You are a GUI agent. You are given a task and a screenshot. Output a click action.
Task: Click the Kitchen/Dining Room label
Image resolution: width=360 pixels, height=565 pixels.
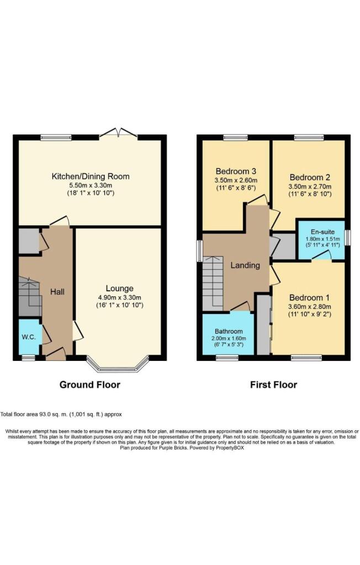(x=91, y=177)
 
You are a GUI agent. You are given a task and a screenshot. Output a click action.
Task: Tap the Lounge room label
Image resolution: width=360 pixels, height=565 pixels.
(x=120, y=288)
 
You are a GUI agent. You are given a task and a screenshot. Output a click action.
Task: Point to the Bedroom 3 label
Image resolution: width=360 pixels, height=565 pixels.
(x=236, y=170)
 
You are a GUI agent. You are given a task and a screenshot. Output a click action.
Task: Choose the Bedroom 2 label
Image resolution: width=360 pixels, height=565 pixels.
(x=310, y=178)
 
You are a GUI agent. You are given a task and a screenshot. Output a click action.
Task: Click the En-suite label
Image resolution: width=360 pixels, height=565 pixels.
(x=321, y=232)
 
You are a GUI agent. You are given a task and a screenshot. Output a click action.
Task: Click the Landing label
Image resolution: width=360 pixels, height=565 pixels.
(x=245, y=265)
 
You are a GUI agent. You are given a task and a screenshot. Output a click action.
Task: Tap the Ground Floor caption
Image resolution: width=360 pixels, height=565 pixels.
(x=90, y=385)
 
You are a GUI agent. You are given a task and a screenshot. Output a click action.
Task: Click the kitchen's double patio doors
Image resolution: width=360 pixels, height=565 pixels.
(x=119, y=133)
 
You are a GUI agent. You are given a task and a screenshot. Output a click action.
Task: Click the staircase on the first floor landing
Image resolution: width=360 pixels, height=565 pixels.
(x=212, y=282)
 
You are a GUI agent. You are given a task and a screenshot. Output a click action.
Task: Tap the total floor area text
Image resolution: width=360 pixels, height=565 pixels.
(x=61, y=414)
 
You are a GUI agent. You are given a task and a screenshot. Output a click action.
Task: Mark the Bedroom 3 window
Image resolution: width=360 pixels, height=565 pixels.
(x=236, y=137)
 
